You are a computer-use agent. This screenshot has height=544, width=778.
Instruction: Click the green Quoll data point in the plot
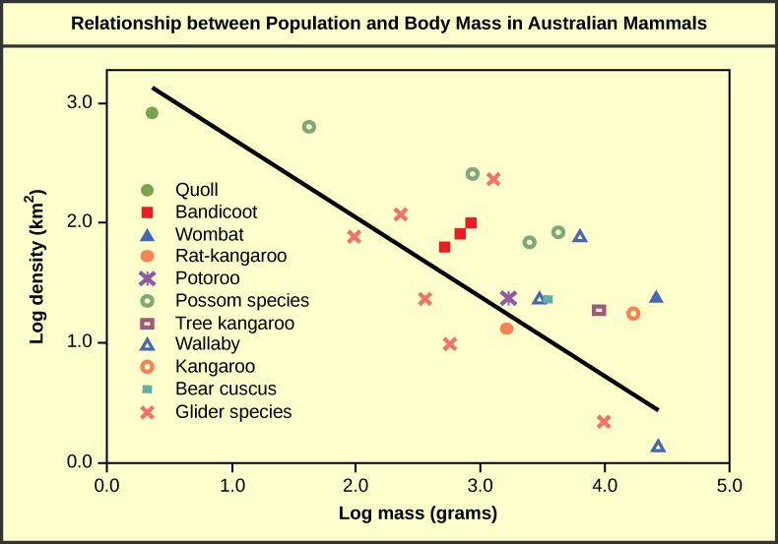point(152,113)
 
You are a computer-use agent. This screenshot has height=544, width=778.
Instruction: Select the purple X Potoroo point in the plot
point(508,298)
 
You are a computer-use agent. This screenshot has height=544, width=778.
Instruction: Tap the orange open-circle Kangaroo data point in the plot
point(633,314)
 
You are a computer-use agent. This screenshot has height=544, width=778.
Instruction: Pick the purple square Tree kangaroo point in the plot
point(599,310)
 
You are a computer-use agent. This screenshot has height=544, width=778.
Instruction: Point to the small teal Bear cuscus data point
point(548,299)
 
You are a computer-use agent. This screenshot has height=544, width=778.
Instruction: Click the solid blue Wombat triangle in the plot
point(656,297)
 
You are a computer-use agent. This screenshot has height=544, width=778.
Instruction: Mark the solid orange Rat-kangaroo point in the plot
point(506,329)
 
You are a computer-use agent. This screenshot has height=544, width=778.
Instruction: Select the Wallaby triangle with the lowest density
point(658,447)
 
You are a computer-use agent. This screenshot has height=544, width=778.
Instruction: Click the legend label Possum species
point(241,300)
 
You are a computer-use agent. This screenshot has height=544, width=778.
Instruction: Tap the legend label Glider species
point(232,412)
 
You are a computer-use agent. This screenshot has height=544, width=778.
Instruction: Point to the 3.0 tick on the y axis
point(80,103)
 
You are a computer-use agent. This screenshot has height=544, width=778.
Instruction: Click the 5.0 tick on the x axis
point(729,484)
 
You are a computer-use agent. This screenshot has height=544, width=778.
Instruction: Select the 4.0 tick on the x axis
point(605,484)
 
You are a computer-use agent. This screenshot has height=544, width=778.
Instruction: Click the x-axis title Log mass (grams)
point(418,513)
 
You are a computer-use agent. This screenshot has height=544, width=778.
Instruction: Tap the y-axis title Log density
point(37,280)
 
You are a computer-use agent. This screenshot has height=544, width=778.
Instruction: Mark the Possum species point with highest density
point(308,127)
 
